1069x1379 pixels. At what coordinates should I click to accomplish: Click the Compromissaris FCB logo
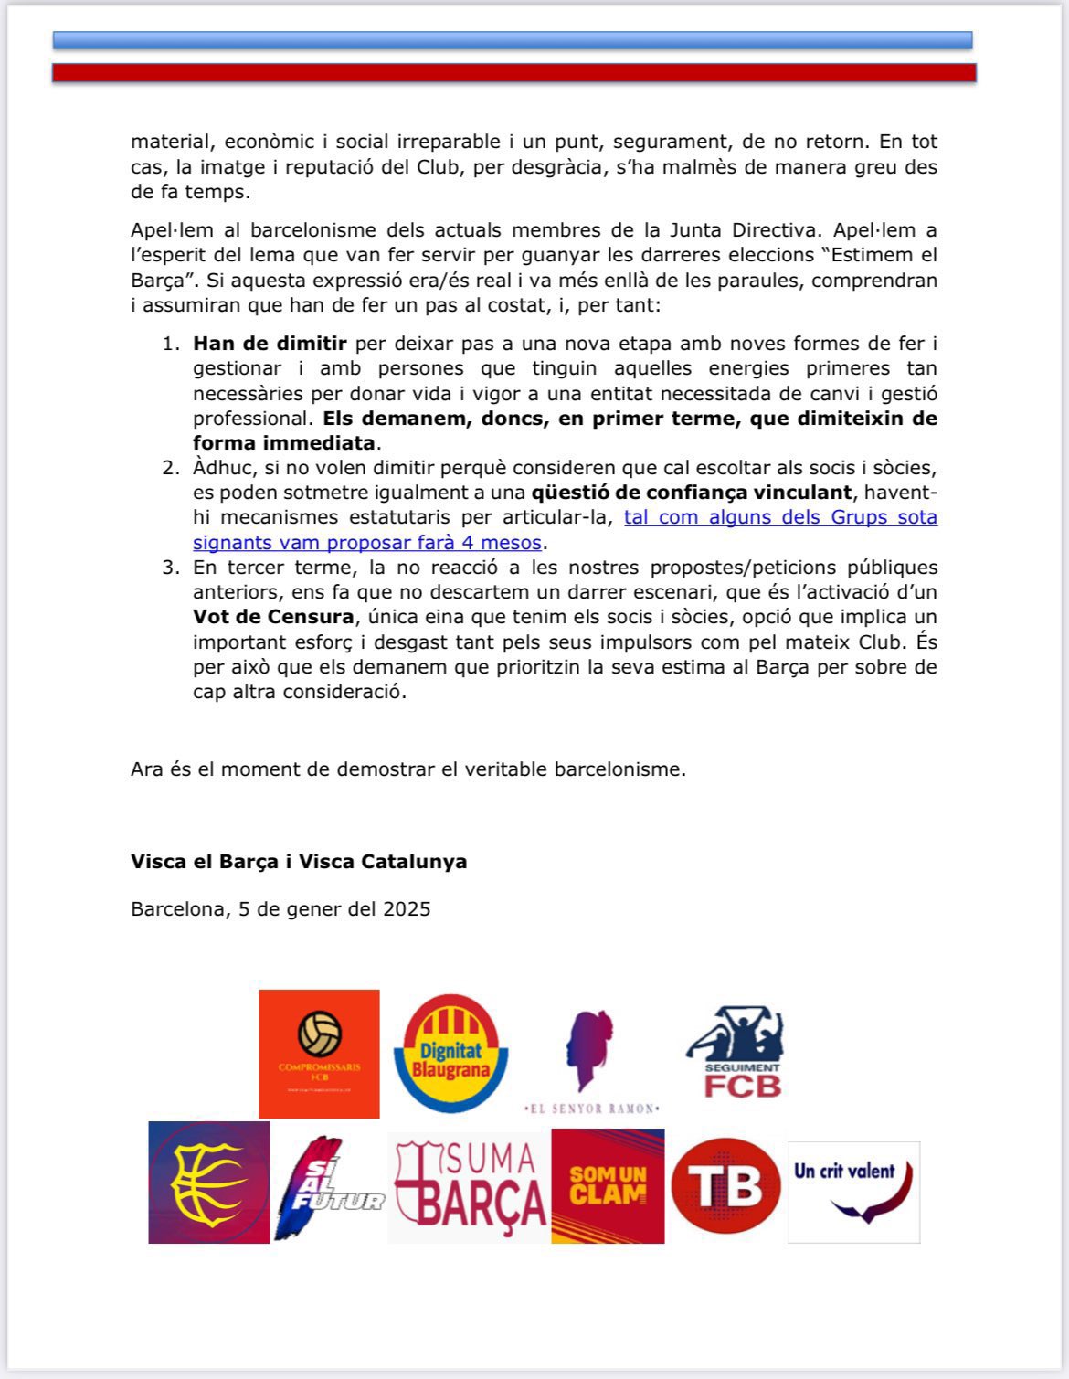pyautogui.click(x=319, y=1053)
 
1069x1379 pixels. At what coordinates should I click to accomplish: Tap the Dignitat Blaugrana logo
pyautogui.click(x=450, y=1053)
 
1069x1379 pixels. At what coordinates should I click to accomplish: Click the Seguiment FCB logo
pyautogui.click(x=736, y=1053)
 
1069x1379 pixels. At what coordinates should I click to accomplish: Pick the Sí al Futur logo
pyautogui.click(x=327, y=1186)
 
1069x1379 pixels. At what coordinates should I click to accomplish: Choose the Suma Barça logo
pyautogui.click(x=469, y=1186)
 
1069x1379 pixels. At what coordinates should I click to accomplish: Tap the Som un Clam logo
pyautogui.click(x=608, y=1186)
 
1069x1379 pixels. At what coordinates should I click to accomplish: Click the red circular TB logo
pyautogui.click(x=725, y=1186)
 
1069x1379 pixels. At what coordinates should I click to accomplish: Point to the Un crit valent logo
pyautogui.click(x=853, y=1191)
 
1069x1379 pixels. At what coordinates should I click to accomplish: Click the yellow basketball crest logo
pyautogui.click(x=209, y=1182)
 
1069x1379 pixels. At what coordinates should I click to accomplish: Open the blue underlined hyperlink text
pyautogui.click(x=565, y=529)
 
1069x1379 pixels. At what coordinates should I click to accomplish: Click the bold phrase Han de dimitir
pyautogui.click(x=270, y=344)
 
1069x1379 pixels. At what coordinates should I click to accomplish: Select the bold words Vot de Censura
pyautogui.click(x=273, y=617)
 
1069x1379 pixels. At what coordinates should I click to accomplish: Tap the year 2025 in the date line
pyautogui.click(x=407, y=909)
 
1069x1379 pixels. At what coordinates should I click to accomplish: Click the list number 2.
pyautogui.click(x=171, y=468)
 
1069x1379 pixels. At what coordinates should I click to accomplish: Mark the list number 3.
pyautogui.click(x=171, y=568)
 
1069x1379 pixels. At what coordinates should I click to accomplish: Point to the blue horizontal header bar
pyautogui.click(x=513, y=40)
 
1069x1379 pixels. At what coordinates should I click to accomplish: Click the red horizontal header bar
pyautogui.click(x=513, y=73)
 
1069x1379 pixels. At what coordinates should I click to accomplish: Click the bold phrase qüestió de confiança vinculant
pyautogui.click(x=692, y=493)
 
